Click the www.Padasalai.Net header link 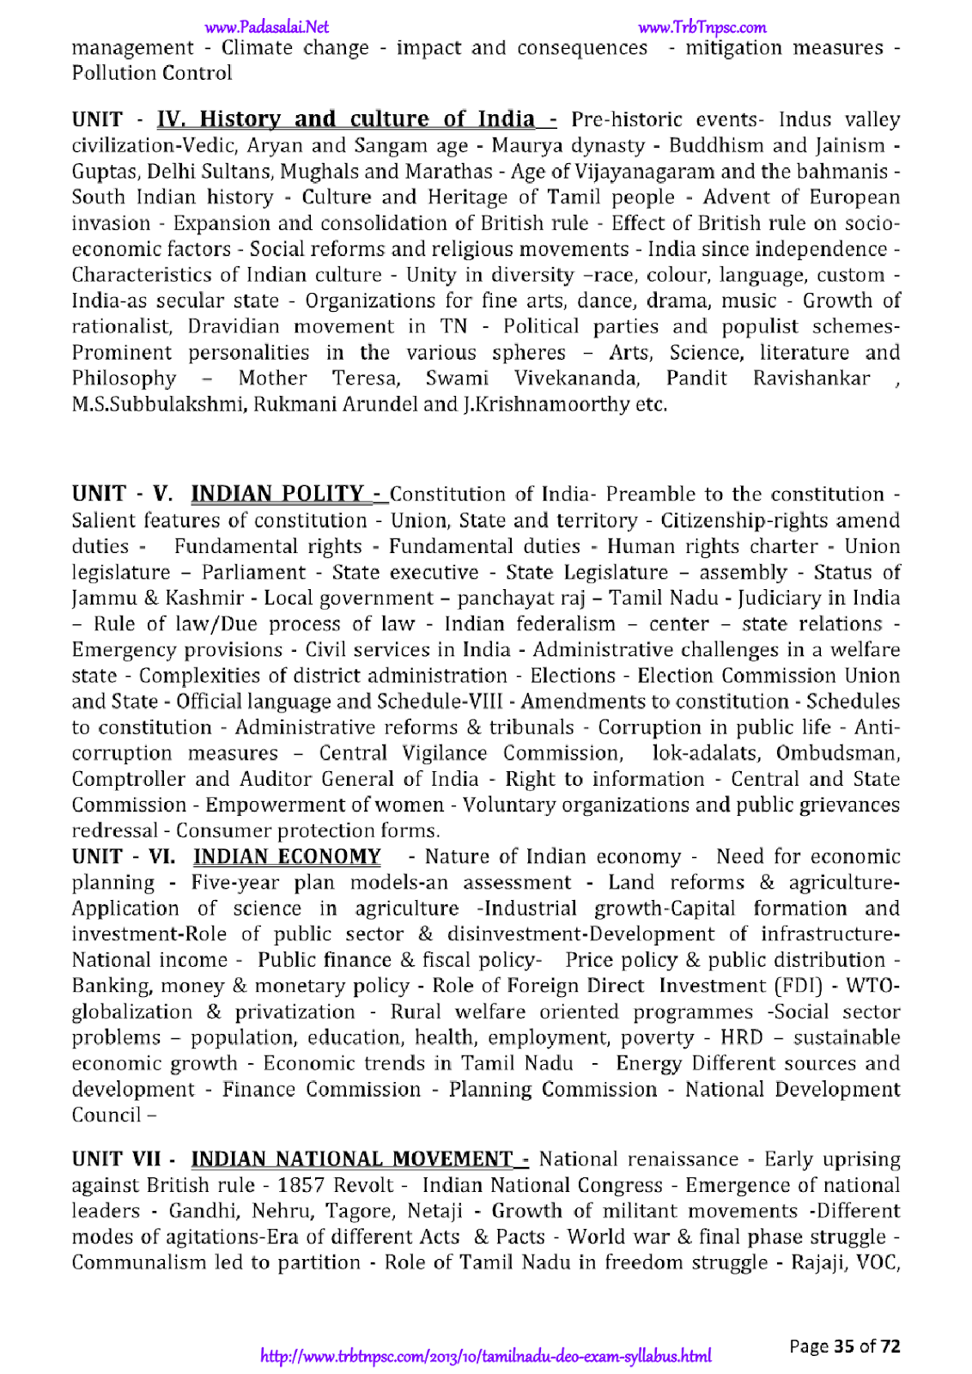pos(267,27)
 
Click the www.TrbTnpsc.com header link pos(702,27)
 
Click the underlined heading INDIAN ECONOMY pos(287,856)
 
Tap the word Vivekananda pos(577,378)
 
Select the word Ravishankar pos(811,378)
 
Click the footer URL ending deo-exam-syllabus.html pos(486,1357)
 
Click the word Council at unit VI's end pos(106,1115)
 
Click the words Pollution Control pos(152,73)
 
